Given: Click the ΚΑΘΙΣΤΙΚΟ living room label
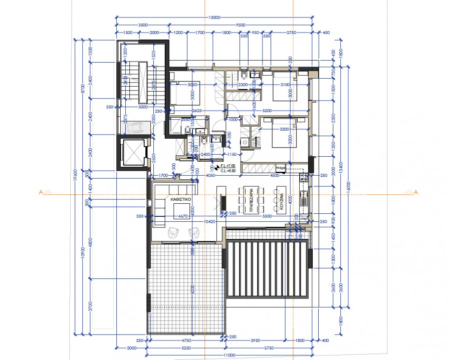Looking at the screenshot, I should tap(179, 199).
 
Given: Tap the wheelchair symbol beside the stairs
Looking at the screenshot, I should tap(134, 129).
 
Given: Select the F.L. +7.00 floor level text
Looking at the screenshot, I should tap(227, 165).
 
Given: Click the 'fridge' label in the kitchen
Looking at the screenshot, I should tap(280, 167).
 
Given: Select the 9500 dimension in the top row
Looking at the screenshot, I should tap(241, 25).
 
